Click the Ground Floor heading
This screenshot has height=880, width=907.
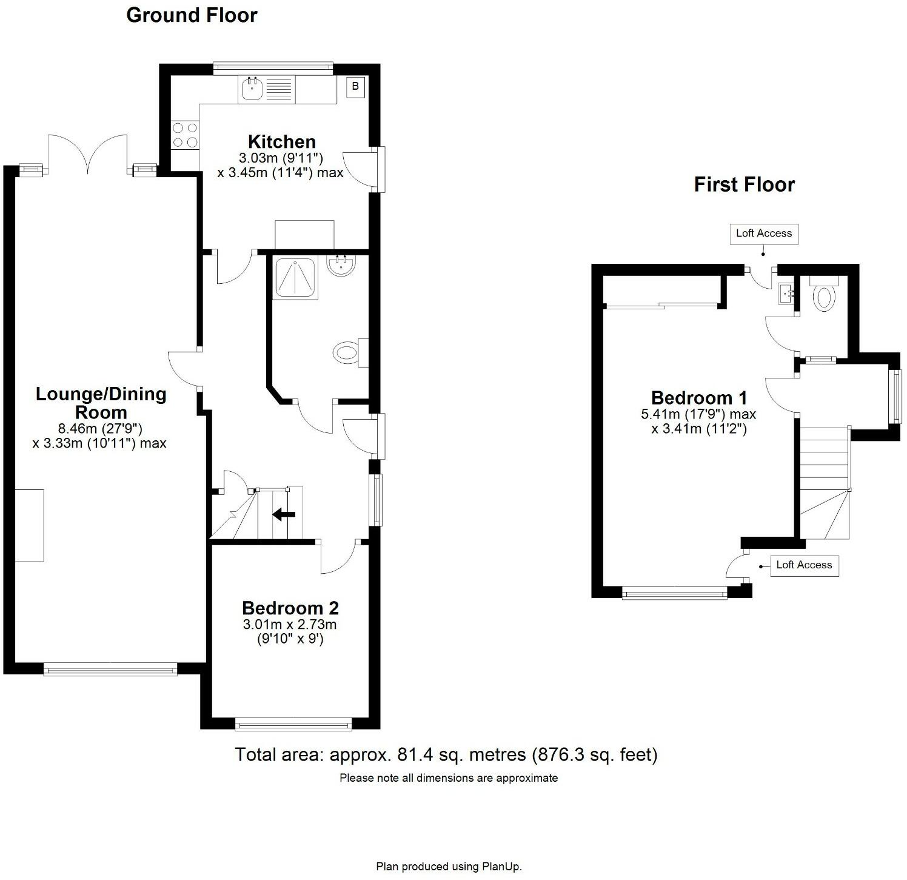point(192,15)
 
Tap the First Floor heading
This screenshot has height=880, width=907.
point(744,184)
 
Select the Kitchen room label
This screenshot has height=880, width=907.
point(282,142)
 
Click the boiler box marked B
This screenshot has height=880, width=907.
point(355,87)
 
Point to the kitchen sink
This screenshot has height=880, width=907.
point(252,89)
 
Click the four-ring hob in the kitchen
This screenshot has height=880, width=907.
point(185,135)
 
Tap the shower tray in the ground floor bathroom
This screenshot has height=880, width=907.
point(295,278)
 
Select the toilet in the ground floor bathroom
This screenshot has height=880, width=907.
point(348,352)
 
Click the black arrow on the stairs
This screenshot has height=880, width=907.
point(284,515)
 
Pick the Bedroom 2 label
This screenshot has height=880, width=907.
point(290,608)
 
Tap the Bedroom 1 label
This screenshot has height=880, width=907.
point(699,398)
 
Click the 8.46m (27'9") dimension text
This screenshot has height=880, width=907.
point(100,429)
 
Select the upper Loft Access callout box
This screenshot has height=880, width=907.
point(764,233)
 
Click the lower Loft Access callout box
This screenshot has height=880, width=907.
point(804,565)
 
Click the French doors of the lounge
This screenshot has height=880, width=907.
point(89,155)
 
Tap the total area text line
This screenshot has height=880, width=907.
point(446,754)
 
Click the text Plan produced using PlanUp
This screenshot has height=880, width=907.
point(449,867)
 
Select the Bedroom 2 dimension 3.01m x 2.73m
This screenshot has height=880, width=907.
point(290,625)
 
